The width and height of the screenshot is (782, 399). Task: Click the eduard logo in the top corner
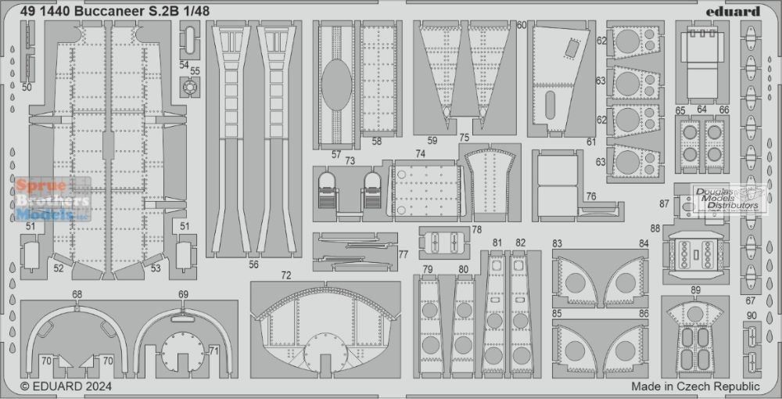coord(740,12)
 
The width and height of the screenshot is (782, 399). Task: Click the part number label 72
coord(285,275)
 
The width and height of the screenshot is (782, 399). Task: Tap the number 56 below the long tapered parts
coord(254,264)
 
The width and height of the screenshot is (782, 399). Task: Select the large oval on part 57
coord(336,84)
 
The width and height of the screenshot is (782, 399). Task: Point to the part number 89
coord(696,290)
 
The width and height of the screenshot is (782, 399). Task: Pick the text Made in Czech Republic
coord(696,386)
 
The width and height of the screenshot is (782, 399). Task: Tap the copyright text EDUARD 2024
coord(66,386)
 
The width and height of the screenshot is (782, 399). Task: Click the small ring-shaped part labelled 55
coord(190,88)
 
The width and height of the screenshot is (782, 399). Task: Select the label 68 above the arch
coord(77,295)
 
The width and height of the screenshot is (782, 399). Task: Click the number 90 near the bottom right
coord(752,315)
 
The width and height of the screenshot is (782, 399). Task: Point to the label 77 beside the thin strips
coord(404,254)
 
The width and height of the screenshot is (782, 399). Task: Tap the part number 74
coord(421,155)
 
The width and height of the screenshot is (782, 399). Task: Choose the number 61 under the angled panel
coord(591,142)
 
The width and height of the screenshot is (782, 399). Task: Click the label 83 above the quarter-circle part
coord(557,244)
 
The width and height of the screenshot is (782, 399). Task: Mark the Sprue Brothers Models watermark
coord(52,199)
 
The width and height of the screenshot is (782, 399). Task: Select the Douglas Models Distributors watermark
coord(729,199)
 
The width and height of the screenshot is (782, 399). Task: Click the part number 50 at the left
coord(27,88)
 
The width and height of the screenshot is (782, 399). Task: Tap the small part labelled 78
coord(444,243)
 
